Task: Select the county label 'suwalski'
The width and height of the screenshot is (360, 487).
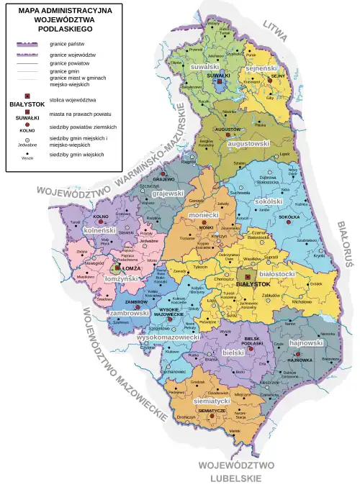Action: click(x=205, y=67)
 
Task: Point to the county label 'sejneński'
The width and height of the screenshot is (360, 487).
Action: click(x=262, y=68)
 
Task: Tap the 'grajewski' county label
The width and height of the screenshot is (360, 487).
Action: click(x=168, y=194)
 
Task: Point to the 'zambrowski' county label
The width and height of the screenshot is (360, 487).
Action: click(x=129, y=314)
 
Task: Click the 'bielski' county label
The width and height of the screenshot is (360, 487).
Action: click(x=233, y=353)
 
